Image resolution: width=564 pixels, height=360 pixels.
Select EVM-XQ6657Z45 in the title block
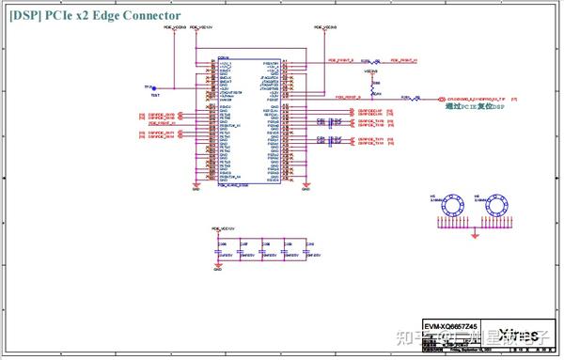click(x=451, y=324)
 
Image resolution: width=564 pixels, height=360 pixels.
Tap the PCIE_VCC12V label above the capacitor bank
click(x=224, y=228)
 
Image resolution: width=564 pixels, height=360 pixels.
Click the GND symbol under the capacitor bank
click(x=218, y=272)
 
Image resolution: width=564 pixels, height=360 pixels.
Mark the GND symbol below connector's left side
click(x=196, y=188)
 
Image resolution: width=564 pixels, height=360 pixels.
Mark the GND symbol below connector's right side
click(x=305, y=188)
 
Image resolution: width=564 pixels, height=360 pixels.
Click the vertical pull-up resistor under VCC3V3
click(x=372, y=84)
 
